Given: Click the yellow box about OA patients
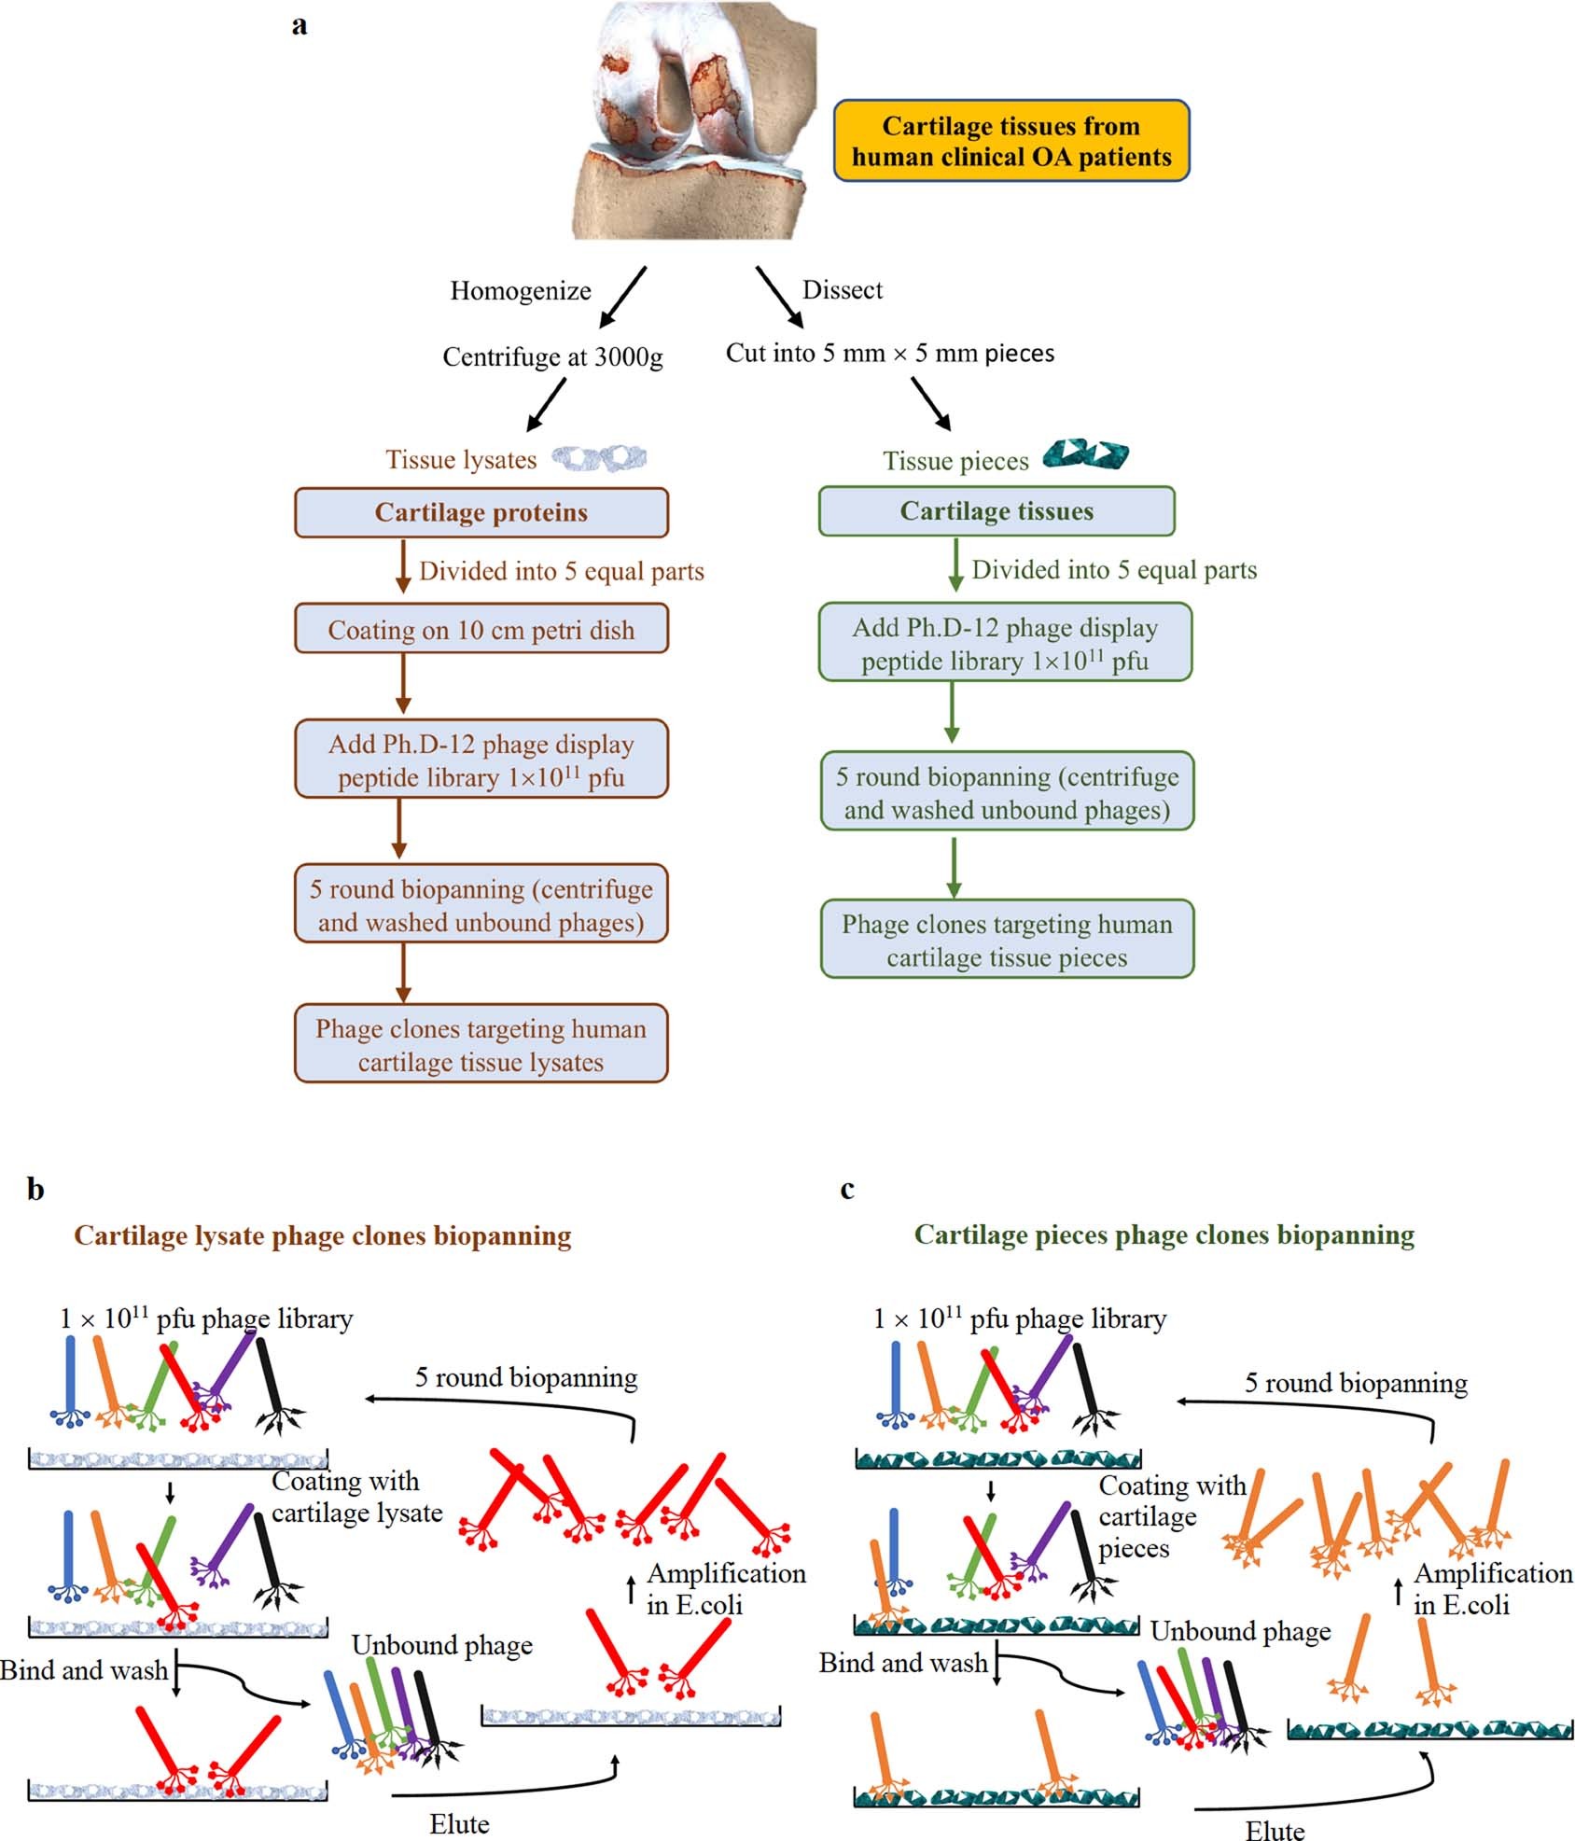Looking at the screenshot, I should [1011, 141].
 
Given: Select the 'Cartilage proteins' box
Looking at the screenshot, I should [481, 512].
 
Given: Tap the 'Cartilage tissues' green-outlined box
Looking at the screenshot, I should [996, 511].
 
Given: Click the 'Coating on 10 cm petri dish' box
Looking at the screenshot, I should [481, 630].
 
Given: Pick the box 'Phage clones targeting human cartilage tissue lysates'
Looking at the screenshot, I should [481, 1044].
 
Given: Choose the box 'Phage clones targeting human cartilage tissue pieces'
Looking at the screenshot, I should [1007, 940].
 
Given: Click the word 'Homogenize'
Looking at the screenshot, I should [520, 291].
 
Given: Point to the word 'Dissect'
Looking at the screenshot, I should [842, 290].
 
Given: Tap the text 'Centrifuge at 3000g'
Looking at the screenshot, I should [552, 356].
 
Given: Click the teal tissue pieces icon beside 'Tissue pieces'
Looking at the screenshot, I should [1085, 453].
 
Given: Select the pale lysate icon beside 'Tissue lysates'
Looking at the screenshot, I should [599, 457].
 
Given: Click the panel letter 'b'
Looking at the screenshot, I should [35, 1190].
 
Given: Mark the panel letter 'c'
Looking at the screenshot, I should [846, 1190].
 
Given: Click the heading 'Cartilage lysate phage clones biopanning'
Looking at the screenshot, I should [322, 1236].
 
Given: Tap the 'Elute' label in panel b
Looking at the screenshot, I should [459, 1823].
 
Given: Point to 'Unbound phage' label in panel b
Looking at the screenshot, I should [441, 1645].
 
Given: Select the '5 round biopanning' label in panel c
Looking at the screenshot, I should [1355, 1383].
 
